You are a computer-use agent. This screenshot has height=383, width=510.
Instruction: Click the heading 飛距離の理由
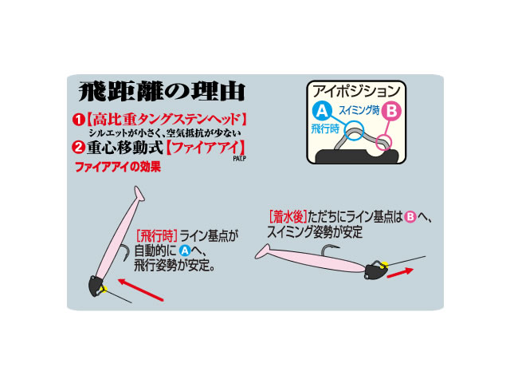162,92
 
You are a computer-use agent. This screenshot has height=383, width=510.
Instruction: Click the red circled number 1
78,120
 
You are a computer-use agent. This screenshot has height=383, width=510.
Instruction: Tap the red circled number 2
78,148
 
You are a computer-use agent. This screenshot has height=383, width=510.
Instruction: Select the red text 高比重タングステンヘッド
167,120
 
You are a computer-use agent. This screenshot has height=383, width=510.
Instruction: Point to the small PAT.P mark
240,159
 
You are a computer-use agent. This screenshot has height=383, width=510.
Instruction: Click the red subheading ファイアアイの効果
118,167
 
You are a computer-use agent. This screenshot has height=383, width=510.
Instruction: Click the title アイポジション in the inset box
356,91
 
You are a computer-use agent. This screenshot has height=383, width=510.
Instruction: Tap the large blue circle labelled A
322,111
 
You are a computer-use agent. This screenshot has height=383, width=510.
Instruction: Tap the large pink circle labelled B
391,111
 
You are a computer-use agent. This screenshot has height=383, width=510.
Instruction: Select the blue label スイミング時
359,110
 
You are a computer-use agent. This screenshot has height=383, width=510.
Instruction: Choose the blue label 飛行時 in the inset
325,128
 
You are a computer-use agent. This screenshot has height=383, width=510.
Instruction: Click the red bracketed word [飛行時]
156,235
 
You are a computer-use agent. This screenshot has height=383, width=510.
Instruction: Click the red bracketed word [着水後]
288,216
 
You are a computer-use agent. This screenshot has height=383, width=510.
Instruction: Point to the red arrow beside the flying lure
140,290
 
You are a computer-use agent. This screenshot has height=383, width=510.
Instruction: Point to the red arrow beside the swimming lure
400,273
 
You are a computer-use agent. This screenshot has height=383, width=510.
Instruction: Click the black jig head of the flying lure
96,286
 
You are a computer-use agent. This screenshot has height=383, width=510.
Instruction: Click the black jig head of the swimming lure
375,271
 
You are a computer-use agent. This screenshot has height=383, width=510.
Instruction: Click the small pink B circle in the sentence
410,216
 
